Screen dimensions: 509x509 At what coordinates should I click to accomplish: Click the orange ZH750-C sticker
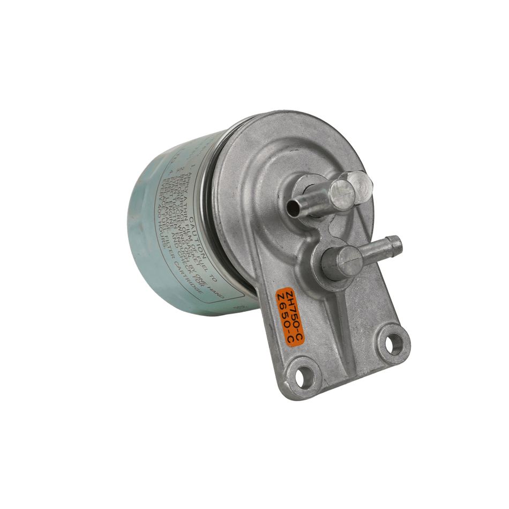[x=289, y=316]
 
